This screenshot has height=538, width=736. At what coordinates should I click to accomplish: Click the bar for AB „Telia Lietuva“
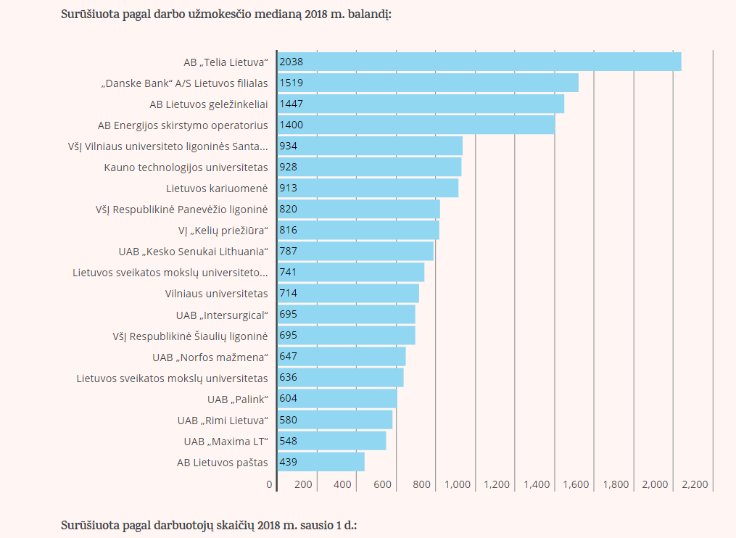click(479, 62)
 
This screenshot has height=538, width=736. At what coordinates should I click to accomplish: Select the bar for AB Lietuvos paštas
click(321, 462)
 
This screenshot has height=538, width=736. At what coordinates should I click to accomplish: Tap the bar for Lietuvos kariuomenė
click(368, 188)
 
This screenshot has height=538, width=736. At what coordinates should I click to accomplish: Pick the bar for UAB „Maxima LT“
click(331, 441)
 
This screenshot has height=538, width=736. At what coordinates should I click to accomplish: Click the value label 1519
click(291, 83)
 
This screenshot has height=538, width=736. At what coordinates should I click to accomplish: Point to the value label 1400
click(291, 125)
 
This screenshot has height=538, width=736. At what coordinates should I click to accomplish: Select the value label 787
click(288, 251)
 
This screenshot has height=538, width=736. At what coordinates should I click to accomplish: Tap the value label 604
click(288, 399)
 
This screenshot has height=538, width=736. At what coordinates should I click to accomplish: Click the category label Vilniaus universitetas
click(217, 294)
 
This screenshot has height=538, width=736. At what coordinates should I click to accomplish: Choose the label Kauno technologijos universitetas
click(186, 167)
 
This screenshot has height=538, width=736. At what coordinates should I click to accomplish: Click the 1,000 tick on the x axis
click(458, 484)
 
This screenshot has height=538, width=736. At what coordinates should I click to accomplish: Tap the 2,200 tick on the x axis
click(695, 484)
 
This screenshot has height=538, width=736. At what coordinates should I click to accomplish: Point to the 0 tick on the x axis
click(270, 484)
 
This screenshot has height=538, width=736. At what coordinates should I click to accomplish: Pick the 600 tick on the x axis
click(381, 484)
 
